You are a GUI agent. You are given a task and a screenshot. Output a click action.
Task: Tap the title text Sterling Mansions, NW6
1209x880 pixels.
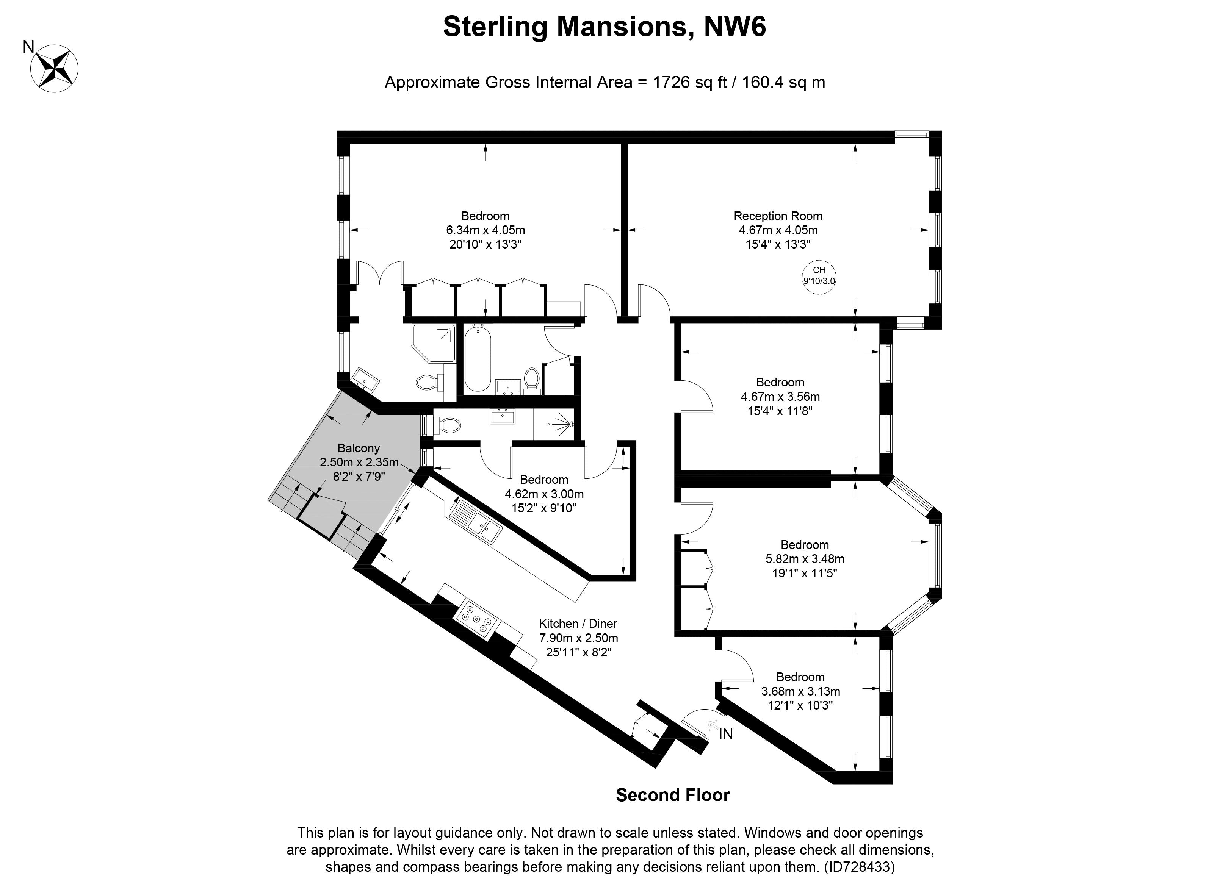tap(604, 27)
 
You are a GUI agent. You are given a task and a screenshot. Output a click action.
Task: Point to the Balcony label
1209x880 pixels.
tap(359, 448)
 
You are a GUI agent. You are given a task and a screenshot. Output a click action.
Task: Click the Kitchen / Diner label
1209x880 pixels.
tap(578, 623)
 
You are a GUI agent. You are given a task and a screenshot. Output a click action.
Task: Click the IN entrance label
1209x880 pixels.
tap(726, 734)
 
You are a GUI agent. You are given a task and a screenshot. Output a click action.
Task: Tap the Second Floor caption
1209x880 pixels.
tap(673, 795)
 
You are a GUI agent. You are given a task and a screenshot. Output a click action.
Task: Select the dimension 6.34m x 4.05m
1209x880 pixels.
tap(485, 230)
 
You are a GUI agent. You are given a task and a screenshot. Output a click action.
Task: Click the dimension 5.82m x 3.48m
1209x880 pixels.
tap(805, 559)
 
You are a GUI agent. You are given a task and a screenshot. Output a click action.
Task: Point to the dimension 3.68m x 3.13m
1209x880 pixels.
tap(801, 691)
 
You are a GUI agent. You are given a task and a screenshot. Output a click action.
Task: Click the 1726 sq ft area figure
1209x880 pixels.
tap(690, 83)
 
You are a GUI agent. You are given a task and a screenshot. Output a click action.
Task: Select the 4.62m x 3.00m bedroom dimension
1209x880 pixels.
tap(544, 494)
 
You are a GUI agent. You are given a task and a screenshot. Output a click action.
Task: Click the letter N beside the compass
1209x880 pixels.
tap(28, 47)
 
